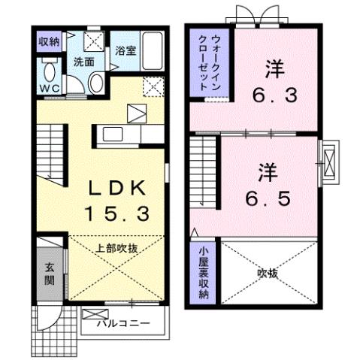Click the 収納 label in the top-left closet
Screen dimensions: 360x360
click(50, 42)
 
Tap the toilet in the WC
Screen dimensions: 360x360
click(50, 73)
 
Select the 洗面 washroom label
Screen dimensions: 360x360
click(83, 62)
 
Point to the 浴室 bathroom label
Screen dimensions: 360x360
click(126, 51)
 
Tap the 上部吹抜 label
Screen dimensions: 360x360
click(115, 247)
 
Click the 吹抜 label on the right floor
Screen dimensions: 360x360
click(268, 274)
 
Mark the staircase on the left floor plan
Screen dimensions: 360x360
click(50, 154)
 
